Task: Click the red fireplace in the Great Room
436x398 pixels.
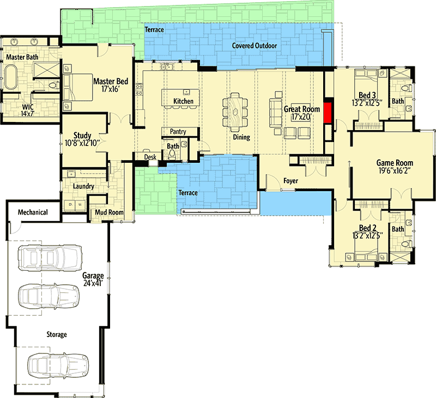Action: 328,113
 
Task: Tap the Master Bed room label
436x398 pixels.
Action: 111,85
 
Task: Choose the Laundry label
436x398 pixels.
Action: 83,186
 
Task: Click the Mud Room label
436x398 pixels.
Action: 109,212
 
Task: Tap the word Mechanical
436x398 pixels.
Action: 33,212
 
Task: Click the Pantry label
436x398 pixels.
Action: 178,132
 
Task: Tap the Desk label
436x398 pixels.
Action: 150,157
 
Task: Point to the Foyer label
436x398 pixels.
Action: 291,180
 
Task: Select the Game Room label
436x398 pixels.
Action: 395,167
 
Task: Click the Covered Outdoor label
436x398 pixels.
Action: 254,46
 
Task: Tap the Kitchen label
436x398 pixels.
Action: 183,101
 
